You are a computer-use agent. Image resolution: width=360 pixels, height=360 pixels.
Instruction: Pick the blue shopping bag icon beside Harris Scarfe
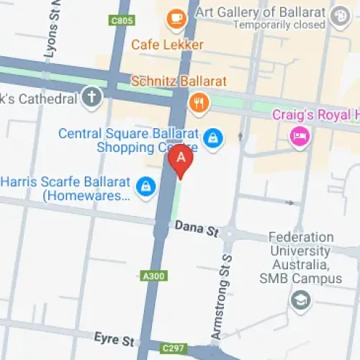[x=147, y=185]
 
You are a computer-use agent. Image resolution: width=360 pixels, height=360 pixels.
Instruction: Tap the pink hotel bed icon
[x=297, y=135]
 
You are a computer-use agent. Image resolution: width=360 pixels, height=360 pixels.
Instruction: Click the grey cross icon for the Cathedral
[x=91, y=96]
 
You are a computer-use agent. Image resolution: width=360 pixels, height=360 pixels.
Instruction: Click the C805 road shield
[x=122, y=21]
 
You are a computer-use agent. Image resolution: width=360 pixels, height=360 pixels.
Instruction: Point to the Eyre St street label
[x=114, y=338]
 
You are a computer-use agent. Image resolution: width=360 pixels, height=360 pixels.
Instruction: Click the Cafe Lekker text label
[x=167, y=45]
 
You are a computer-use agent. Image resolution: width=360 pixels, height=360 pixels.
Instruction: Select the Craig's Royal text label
[x=315, y=115]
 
